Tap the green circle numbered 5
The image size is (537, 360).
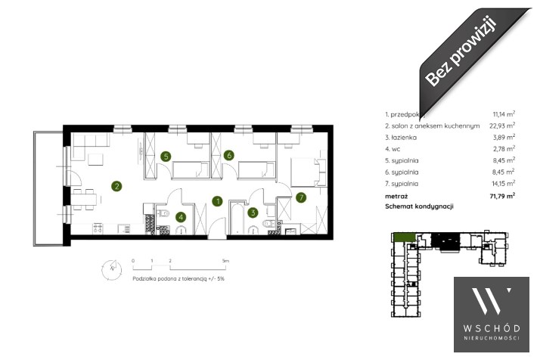[x=166, y=157]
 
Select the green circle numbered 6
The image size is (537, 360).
[x=229, y=156]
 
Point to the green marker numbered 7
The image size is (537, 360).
[x=301, y=198]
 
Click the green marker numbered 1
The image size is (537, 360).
[x=217, y=201]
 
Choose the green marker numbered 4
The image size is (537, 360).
[x=181, y=216]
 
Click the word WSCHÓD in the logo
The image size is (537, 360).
[x=491, y=327]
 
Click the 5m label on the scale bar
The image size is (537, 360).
[x=224, y=260]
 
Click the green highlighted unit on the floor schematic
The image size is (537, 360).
[x=404, y=237]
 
